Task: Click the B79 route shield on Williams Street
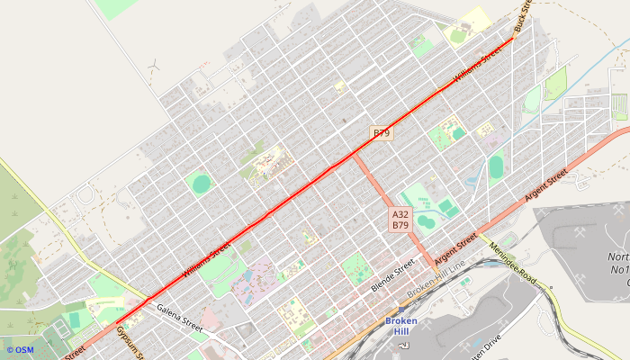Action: pyautogui.click(x=382, y=133)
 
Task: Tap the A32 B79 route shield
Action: pyautogui.click(x=401, y=220)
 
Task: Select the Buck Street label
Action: pyautogui.click(x=522, y=16)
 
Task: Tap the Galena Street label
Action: pyautogui.click(x=180, y=318)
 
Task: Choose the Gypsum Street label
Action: pyautogui.click(x=128, y=343)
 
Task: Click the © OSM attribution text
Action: pyautogui.click(x=19, y=350)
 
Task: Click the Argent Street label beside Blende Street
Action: pyautogui.click(x=454, y=252)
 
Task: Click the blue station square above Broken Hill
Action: pyautogui.click(x=400, y=310)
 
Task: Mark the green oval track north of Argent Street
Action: pyautogui.click(x=496, y=166)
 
